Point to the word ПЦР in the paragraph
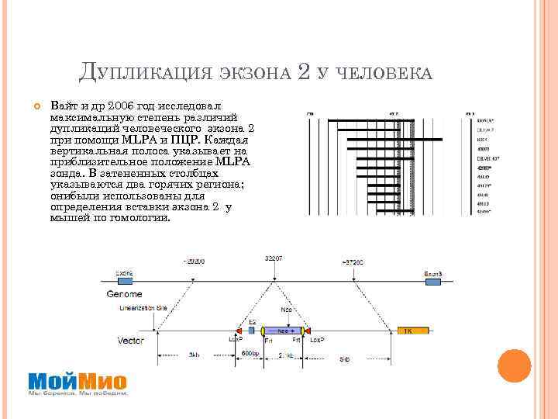coord(182,139)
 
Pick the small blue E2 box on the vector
coord(250,331)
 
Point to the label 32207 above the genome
coord(274,257)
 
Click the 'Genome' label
coord(124,295)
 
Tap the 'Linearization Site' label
coord(143,308)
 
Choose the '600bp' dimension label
coord(250,354)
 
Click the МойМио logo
coord(77,381)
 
